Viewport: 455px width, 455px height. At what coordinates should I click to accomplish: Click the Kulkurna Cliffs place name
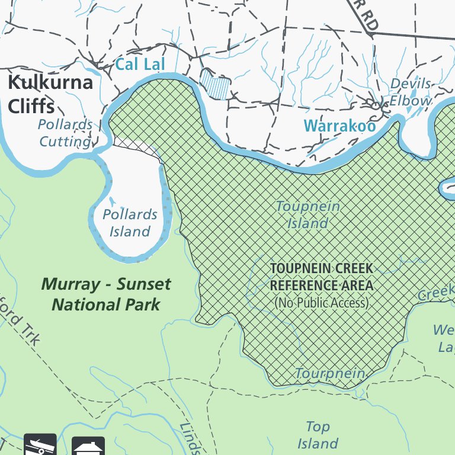coord(50,94)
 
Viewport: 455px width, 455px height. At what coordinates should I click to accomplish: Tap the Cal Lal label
coord(139,64)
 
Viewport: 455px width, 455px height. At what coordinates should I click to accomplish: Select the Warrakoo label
coord(339,126)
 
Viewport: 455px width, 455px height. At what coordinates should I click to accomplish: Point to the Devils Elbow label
coord(411,92)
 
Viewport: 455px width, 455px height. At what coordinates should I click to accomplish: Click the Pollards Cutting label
coord(65,133)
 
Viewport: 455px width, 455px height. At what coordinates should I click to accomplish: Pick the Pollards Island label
coord(130,223)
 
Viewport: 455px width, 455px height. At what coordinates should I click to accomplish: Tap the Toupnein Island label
coord(308,214)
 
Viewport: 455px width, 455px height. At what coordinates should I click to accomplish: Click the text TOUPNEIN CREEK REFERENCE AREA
coord(322,277)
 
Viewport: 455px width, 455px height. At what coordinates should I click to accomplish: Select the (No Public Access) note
coord(322,303)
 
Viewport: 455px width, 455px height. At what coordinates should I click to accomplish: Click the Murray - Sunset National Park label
coord(106,294)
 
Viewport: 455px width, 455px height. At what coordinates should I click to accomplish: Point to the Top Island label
coord(318,435)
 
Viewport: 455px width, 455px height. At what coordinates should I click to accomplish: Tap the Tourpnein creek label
coord(330,373)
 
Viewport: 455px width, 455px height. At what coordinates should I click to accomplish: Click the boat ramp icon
coord(40,445)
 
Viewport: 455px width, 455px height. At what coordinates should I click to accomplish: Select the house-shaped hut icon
coord(88,446)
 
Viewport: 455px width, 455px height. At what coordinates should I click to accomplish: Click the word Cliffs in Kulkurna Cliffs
coord(31,106)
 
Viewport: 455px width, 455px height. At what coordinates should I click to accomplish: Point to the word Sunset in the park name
coord(143,284)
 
